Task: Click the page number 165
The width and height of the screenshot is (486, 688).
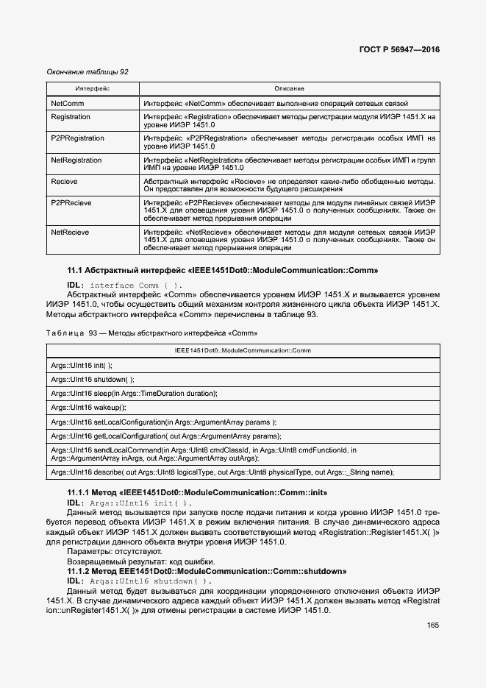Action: point(432,625)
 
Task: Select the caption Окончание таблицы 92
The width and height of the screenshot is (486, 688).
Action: point(87,72)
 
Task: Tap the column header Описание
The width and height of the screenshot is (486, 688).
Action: point(289,88)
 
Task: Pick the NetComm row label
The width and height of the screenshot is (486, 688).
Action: point(67,104)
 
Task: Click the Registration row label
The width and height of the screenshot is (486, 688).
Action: point(71,117)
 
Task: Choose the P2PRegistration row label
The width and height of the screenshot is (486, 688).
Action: point(77,138)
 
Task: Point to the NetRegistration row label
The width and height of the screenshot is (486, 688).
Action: point(77,160)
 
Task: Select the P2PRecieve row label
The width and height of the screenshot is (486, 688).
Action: point(74,202)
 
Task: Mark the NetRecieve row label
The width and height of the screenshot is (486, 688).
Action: point(70,232)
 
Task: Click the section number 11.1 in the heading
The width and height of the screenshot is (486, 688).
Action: point(75,270)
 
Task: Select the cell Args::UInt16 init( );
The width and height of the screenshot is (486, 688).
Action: point(82,365)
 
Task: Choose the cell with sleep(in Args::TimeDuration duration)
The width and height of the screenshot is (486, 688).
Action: point(134,394)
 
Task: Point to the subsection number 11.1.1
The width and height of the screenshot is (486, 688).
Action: point(79,492)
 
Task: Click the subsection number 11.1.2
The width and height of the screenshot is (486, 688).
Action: point(79,571)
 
